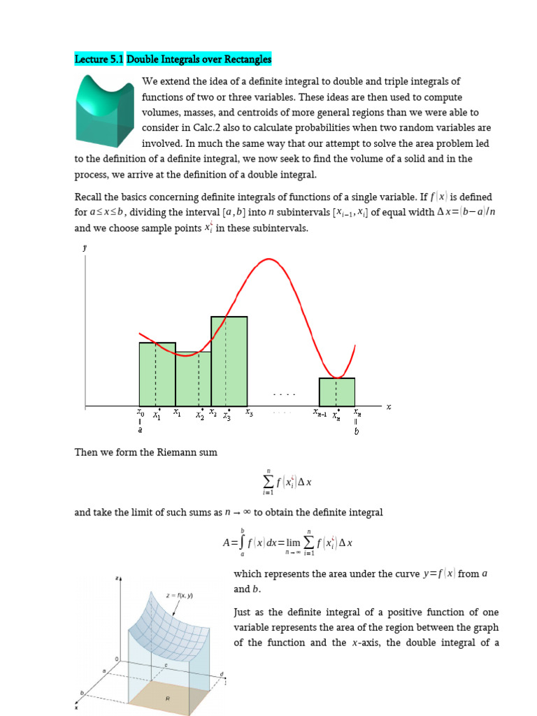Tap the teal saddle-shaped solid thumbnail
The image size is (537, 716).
(106, 109)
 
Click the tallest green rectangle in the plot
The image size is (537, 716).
(229, 361)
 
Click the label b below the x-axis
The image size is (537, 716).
(357, 431)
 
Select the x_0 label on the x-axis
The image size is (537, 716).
(140, 413)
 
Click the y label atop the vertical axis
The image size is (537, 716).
(85, 248)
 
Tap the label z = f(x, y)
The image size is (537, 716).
(180, 596)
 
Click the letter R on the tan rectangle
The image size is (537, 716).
(167, 699)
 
